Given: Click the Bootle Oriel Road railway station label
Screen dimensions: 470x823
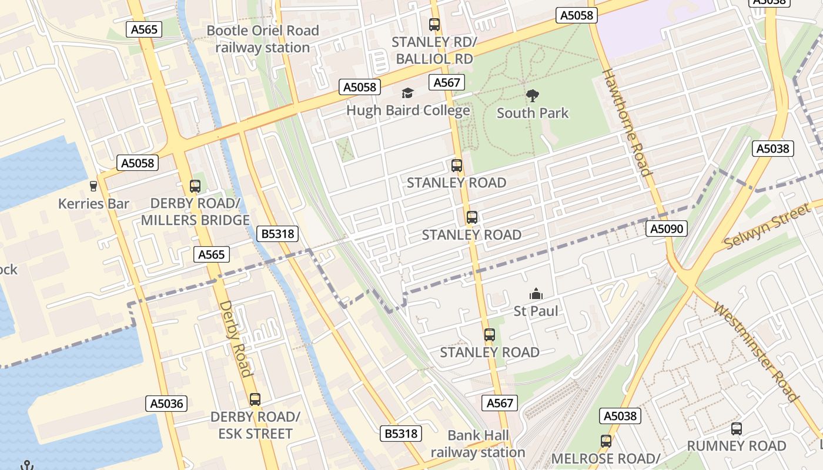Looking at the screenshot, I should pos(263,39).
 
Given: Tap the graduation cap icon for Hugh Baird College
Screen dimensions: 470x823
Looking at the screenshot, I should pos(407,93).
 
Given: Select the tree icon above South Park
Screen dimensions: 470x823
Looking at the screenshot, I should pos(533,95).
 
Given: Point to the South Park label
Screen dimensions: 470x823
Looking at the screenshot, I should pos(533,113).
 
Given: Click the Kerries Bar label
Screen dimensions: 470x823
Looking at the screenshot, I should pos(93,204).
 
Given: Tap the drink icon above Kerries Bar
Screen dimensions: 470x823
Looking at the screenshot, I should pos(93,186).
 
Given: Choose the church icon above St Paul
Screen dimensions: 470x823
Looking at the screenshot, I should pos(536,294).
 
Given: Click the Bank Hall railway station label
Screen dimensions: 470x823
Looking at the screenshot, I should pos(477,444).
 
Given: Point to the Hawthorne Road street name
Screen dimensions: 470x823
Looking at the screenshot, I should pos(627,122).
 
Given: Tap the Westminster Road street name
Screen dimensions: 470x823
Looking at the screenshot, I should pos(757,351).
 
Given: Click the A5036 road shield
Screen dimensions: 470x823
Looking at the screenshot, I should pos(166,404).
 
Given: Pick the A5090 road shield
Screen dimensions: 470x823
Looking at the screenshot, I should pos(667,229).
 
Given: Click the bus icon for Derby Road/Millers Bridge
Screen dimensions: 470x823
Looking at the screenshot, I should pos(195,186).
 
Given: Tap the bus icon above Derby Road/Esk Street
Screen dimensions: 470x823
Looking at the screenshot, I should pos(255,399).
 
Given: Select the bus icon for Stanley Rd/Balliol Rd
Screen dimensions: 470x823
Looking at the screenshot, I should pos(434,25).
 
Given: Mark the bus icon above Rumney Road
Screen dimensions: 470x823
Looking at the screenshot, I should pos(737,429).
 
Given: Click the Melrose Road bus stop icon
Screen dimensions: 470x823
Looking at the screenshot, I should pos(606,441).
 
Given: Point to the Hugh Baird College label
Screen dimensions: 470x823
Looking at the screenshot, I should pos(408,110).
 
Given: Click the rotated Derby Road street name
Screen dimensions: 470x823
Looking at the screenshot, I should pos(236,338).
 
